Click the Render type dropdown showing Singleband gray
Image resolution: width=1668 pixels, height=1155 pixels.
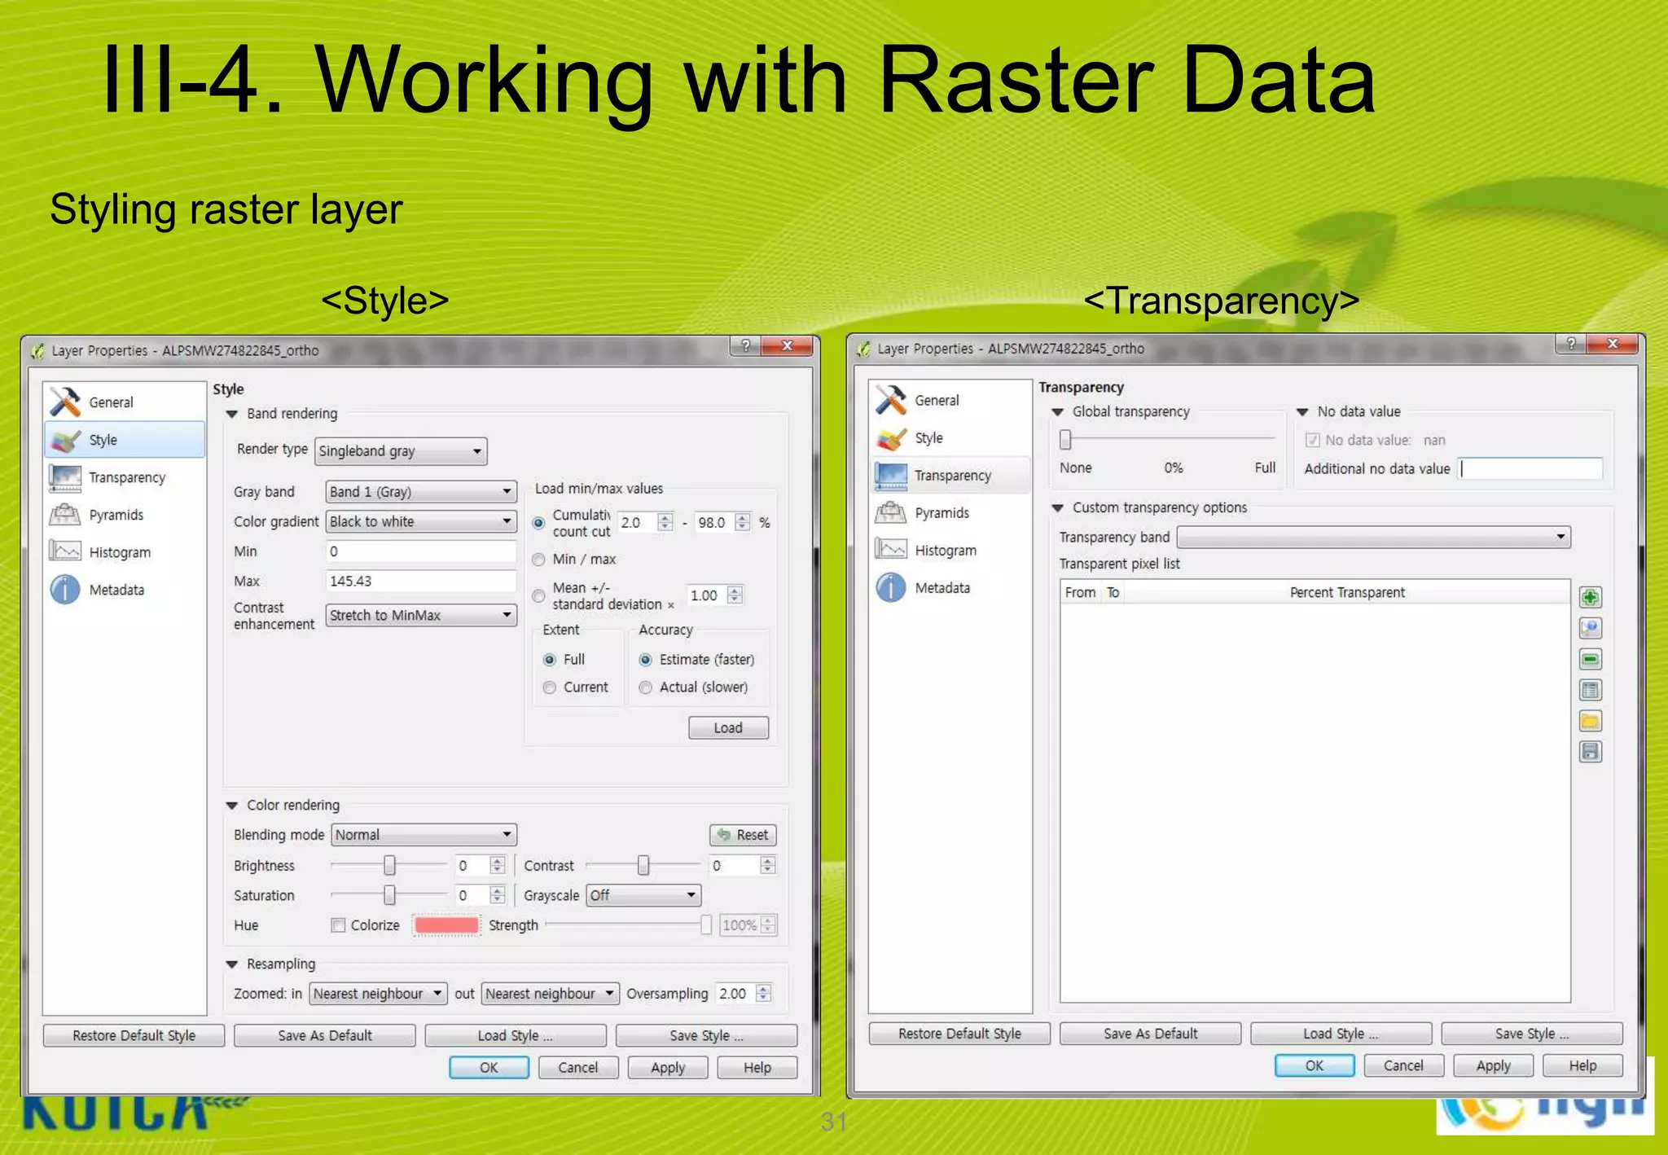[x=400, y=451]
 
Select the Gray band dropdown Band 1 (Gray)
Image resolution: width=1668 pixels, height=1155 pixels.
[x=420, y=492]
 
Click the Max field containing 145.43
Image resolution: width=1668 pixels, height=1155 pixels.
[x=420, y=582]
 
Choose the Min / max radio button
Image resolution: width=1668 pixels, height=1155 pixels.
[x=539, y=560]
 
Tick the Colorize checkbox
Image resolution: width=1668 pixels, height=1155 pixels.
[x=338, y=925]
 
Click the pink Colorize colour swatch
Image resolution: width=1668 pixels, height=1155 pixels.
[x=446, y=925]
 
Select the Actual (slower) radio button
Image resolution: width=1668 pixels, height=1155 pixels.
[x=646, y=687]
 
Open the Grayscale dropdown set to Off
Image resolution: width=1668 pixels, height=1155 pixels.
[x=643, y=896]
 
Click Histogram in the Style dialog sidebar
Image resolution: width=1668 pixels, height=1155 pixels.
[x=119, y=552]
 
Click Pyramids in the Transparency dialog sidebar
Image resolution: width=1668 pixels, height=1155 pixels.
[x=941, y=513]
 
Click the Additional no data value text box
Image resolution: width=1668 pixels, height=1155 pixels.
[x=1530, y=469]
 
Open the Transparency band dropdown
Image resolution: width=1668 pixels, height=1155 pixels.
[x=1373, y=538]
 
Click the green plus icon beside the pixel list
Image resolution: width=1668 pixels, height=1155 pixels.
[x=1590, y=598]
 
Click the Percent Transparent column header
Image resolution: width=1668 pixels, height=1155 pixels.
[x=1347, y=593]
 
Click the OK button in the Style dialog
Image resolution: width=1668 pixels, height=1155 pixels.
[x=489, y=1068]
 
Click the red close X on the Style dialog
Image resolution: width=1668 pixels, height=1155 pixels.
[x=787, y=346]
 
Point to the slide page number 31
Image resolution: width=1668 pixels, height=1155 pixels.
[x=833, y=1122]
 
